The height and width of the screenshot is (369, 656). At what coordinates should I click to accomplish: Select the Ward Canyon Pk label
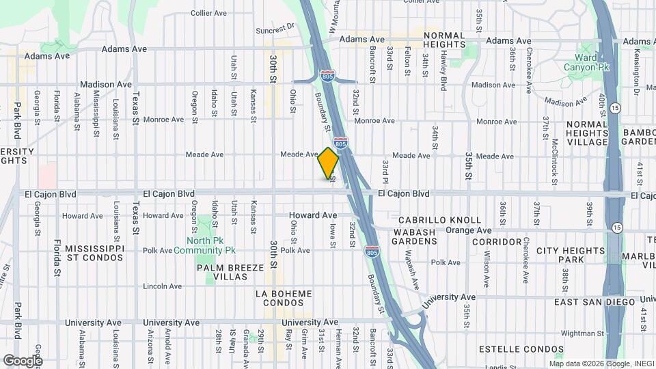click(x=586, y=61)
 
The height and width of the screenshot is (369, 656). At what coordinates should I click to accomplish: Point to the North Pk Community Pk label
click(x=214, y=245)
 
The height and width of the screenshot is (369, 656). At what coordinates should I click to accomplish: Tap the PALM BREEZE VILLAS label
click(x=230, y=273)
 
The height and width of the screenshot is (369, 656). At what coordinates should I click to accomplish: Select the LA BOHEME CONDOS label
click(x=283, y=299)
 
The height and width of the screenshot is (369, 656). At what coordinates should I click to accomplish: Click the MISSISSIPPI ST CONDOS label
click(x=95, y=252)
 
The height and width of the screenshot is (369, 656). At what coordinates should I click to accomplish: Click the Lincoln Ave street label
click(x=161, y=286)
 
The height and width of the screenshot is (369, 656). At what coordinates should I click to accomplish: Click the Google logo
click(x=23, y=360)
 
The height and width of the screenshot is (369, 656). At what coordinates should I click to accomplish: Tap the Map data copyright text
click(x=599, y=364)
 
